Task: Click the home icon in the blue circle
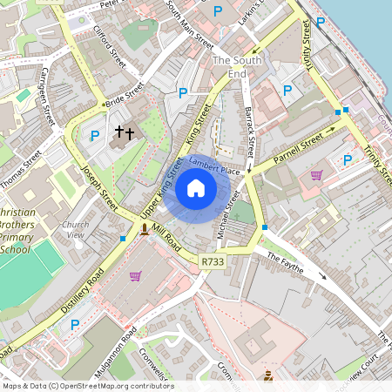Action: coord(196,187)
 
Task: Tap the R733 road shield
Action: coord(212,260)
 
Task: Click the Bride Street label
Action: coord(124,98)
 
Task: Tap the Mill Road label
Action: coord(166,240)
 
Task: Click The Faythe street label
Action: coord(285,263)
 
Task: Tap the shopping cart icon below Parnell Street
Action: coord(316,174)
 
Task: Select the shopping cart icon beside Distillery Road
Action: coord(135,276)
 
